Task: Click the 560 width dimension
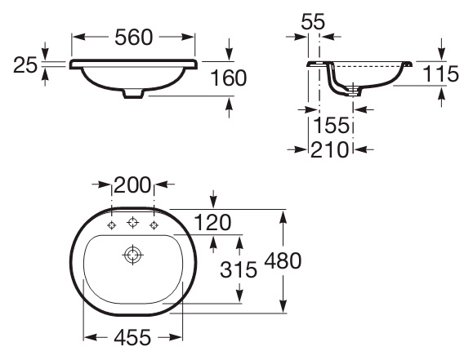click(x=134, y=38)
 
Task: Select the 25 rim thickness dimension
click(x=25, y=65)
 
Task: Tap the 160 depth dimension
click(x=228, y=78)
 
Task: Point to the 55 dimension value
click(x=313, y=21)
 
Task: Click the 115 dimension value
click(x=440, y=73)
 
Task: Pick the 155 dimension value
click(x=331, y=125)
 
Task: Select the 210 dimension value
click(x=330, y=149)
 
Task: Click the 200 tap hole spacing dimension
click(x=132, y=184)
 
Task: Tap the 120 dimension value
click(x=212, y=223)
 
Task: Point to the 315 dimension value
click(x=239, y=269)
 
